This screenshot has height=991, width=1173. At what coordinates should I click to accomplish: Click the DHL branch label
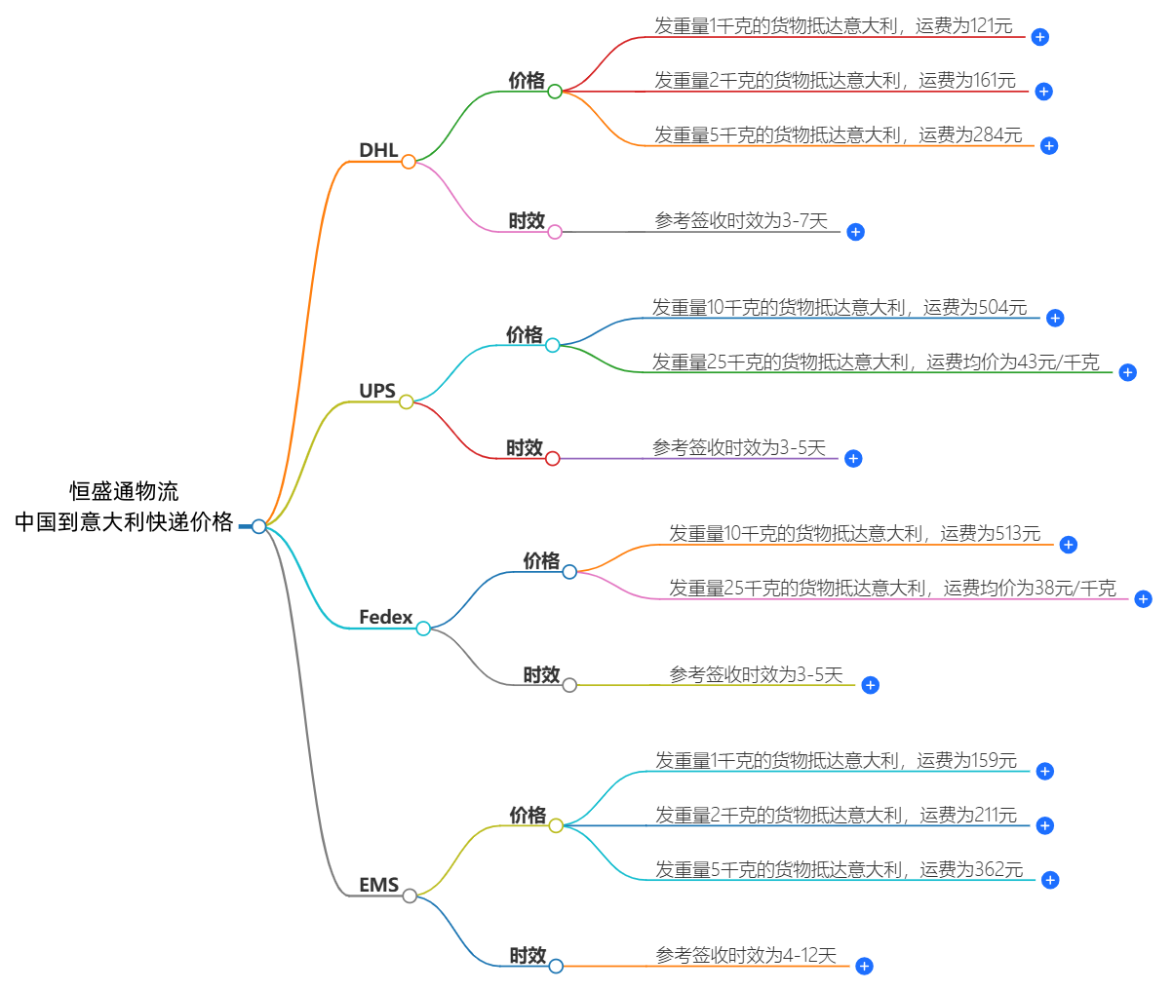(x=378, y=150)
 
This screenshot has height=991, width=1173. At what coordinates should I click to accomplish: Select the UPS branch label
(x=377, y=391)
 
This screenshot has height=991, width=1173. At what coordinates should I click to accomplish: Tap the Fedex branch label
(x=386, y=617)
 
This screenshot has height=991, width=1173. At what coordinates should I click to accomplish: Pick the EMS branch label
(x=379, y=885)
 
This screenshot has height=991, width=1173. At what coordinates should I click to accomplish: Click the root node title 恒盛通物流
(x=124, y=491)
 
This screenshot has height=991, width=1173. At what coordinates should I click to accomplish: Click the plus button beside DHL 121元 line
(x=1040, y=37)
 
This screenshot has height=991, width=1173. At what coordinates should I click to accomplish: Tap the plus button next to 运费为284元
(x=1049, y=146)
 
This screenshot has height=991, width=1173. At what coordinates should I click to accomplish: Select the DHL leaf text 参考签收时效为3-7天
(x=741, y=221)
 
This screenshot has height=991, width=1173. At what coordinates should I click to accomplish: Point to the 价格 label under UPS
(x=525, y=335)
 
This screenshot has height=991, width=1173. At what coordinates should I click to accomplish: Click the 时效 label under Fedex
(x=541, y=674)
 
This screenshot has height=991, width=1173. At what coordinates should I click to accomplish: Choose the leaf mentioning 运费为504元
(x=840, y=308)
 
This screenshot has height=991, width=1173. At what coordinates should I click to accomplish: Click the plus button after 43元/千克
(x=1128, y=372)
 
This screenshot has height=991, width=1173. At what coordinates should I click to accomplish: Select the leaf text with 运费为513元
(x=854, y=534)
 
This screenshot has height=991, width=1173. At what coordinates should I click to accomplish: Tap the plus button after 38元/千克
(x=1144, y=598)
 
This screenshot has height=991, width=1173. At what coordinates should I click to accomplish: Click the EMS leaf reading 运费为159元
(x=836, y=760)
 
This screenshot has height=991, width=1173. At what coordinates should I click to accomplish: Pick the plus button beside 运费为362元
(x=1050, y=880)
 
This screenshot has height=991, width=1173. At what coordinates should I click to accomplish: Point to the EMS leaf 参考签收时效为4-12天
(x=746, y=956)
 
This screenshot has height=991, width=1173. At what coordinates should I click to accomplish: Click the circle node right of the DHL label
(x=409, y=162)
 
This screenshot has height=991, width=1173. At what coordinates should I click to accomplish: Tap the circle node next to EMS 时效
(x=556, y=967)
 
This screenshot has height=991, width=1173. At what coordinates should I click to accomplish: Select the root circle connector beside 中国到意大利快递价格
(x=258, y=526)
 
